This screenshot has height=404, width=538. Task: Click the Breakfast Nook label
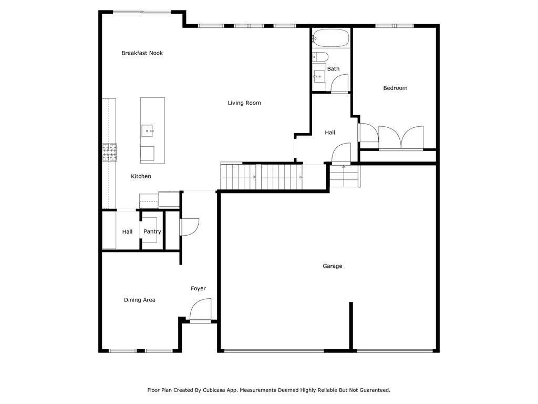(142, 53)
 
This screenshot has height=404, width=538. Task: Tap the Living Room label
(244, 103)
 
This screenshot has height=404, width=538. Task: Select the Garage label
(333, 266)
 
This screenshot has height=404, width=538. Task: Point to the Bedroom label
(395, 88)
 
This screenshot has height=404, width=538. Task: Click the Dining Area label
(140, 300)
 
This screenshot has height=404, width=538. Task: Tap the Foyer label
(198, 289)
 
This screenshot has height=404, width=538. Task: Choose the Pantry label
(152, 231)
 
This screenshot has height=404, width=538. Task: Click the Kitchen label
(141, 176)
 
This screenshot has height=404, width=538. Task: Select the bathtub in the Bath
(331, 38)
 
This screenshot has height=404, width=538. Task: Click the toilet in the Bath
(320, 57)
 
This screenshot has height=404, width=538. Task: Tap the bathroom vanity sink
(319, 77)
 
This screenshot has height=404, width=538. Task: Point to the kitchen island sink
(147, 131)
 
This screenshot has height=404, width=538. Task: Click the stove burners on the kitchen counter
(109, 152)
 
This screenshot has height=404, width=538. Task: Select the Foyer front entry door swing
(200, 310)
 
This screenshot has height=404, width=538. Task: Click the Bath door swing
(340, 84)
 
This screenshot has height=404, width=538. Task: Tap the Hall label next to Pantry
(127, 232)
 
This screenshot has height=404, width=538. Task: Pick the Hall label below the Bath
(330, 133)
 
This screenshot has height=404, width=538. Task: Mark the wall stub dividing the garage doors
(351, 326)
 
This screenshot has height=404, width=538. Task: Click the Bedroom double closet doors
(401, 138)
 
